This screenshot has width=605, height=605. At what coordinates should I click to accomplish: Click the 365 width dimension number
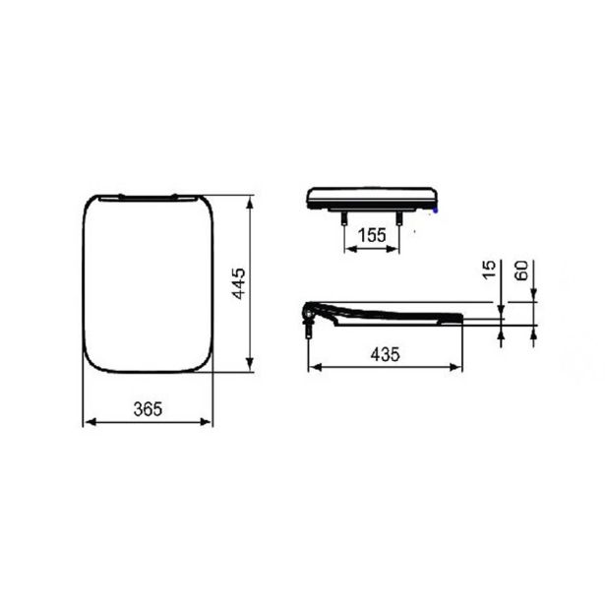pos(147,406)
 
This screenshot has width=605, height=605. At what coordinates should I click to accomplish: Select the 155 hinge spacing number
pos(371,235)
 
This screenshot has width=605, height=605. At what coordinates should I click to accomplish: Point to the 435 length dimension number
pos(385,355)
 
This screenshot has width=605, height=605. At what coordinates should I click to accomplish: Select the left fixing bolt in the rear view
pos(342,218)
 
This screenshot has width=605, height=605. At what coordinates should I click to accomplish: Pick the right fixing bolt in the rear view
pos(401,218)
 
